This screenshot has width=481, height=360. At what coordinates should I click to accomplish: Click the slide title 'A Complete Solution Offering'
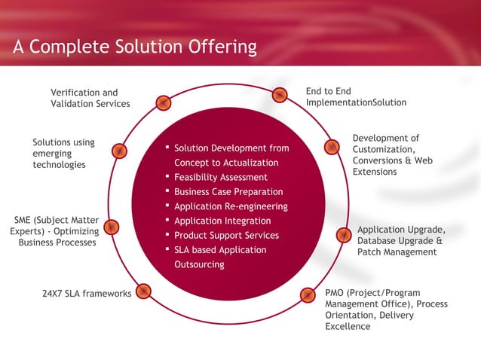pos(135,47)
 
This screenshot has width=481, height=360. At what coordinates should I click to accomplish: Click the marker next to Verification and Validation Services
pos(163,103)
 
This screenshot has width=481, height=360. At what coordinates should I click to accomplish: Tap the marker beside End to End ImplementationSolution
pos(280,95)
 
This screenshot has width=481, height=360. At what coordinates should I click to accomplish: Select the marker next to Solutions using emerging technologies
pos(119,151)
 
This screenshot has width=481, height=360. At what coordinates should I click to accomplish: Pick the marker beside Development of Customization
pos(331,148)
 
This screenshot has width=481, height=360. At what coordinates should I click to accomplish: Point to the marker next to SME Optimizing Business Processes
pos(112,227)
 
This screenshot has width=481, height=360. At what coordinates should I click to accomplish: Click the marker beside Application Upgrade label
pos(343,235)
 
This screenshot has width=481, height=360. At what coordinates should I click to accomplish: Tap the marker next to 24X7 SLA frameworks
pos(144,291)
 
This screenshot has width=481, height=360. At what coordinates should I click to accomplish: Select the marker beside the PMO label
pos(308,295)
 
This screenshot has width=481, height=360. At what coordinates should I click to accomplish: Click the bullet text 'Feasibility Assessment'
pos(221,178)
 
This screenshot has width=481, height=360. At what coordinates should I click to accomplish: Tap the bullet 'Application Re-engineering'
pos(231,206)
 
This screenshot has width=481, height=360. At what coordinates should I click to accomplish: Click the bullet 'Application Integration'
pos(222,221)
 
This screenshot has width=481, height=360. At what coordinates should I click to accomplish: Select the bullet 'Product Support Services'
pos(226,236)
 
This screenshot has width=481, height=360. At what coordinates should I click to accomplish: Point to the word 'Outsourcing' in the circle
pos(199,264)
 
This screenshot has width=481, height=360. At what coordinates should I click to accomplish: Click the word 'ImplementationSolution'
pos(356,102)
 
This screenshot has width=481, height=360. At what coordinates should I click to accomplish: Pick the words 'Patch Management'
pos(397,252)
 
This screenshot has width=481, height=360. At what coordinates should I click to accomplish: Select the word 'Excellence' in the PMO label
pos(348,327)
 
